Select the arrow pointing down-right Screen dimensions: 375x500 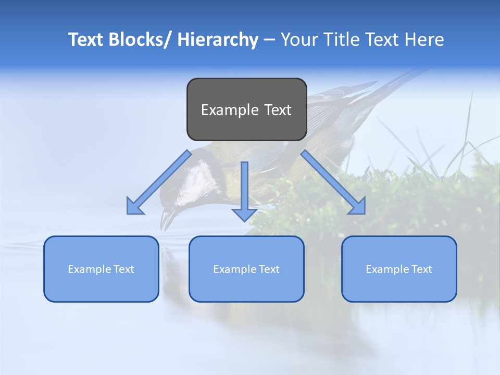333,183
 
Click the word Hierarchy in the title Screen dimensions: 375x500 217,40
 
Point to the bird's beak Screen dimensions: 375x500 168,219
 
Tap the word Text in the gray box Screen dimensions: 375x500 277,110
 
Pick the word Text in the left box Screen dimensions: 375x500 124,269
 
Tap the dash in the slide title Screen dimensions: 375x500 269,40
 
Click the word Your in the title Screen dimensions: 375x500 298,40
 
